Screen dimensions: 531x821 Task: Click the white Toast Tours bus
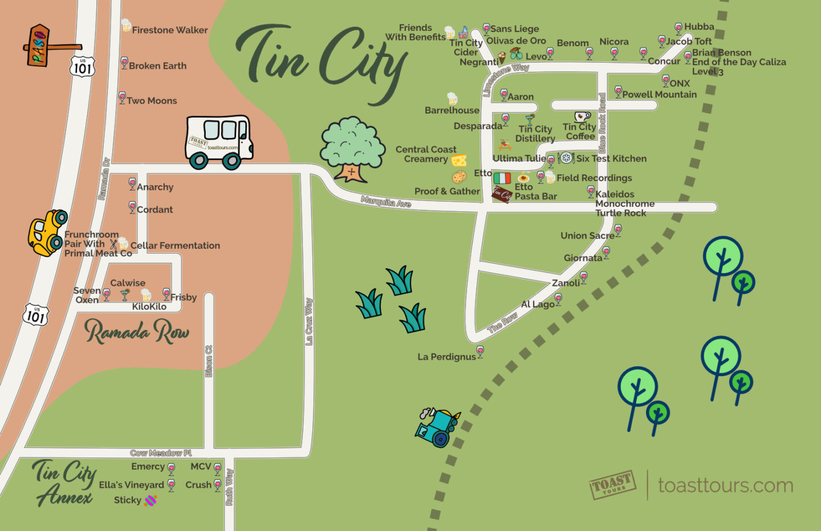(x=219, y=142)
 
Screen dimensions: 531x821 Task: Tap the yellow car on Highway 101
(x=47, y=232)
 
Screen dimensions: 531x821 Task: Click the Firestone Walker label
(x=169, y=30)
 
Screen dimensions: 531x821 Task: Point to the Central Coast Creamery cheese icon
(x=459, y=160)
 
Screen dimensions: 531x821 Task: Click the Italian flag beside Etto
(x=502, y=178)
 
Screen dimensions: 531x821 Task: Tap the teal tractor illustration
(x=437, y=427)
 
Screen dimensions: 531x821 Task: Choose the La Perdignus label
(x=446, y=357)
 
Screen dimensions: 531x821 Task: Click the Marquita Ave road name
(x=386, y=202)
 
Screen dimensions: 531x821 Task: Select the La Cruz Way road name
(x=309, y=321)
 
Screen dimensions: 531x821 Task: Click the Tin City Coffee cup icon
(x=582, y=117)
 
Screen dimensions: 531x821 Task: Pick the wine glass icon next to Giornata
(x=606, y=252)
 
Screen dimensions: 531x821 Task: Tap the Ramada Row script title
(x=137, y=332)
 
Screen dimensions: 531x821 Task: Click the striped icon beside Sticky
(x=151, y=500)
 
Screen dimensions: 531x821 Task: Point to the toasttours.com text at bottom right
(x=725, y=485)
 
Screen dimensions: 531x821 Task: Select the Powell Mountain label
(x=659, y=95)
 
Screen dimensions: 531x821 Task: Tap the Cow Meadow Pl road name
(x=161, y=453)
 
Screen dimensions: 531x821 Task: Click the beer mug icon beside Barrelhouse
(x=452, y=99)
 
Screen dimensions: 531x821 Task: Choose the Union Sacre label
(x=587, y=235)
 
